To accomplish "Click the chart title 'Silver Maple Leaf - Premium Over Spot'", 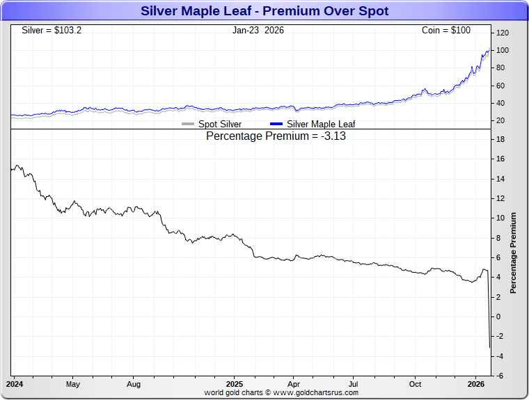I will point(264,11).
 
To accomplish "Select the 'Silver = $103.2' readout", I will point(52,31).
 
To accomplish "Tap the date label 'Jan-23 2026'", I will point(258,31).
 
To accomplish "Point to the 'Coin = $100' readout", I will point(446,31).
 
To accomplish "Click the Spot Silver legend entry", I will point(212,124).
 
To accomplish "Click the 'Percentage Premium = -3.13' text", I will point(276,136).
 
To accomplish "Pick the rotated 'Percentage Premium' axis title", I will point(514,253).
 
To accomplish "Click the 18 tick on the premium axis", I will point(500,139).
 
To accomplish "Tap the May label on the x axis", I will point(73,384).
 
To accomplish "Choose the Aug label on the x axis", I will point(134,384).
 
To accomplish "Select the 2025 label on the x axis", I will point(235,384).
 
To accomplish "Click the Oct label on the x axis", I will point(415,384).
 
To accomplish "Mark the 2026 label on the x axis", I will point(476,384).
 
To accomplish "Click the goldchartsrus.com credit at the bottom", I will point(281,392).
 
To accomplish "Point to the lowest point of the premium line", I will point(490,347).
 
